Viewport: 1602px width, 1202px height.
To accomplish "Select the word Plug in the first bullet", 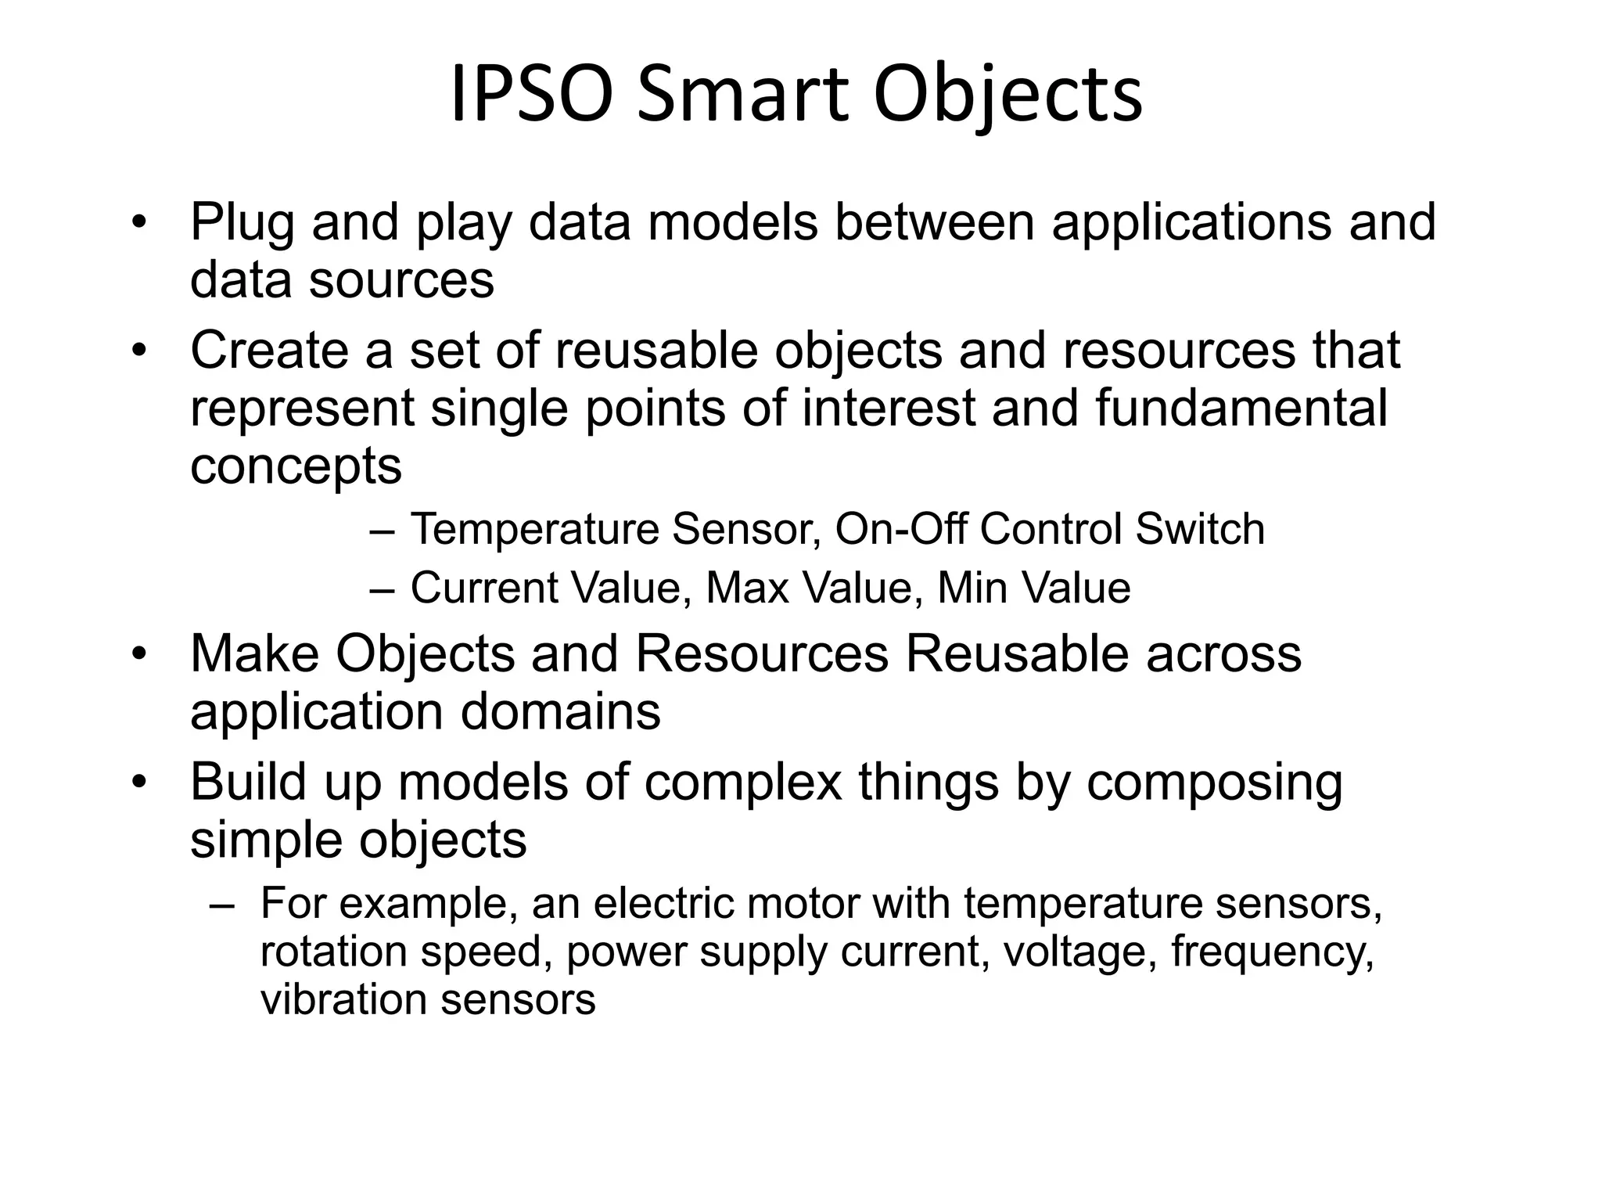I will click(x=242, y=224).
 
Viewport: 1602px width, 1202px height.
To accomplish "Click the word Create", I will click(x=269, y=351).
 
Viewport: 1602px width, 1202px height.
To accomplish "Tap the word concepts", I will click(x=296, y=468).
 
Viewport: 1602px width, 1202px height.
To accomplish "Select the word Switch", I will click(x=1200, y=529).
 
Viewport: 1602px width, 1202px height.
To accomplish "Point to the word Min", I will click(x=966, y=588).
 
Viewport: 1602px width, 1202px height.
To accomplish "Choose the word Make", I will click(x=254, y=653).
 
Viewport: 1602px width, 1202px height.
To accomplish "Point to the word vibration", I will click(x=343, y=1000).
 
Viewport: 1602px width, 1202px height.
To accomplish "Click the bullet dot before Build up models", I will click(x=139, y=783).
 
